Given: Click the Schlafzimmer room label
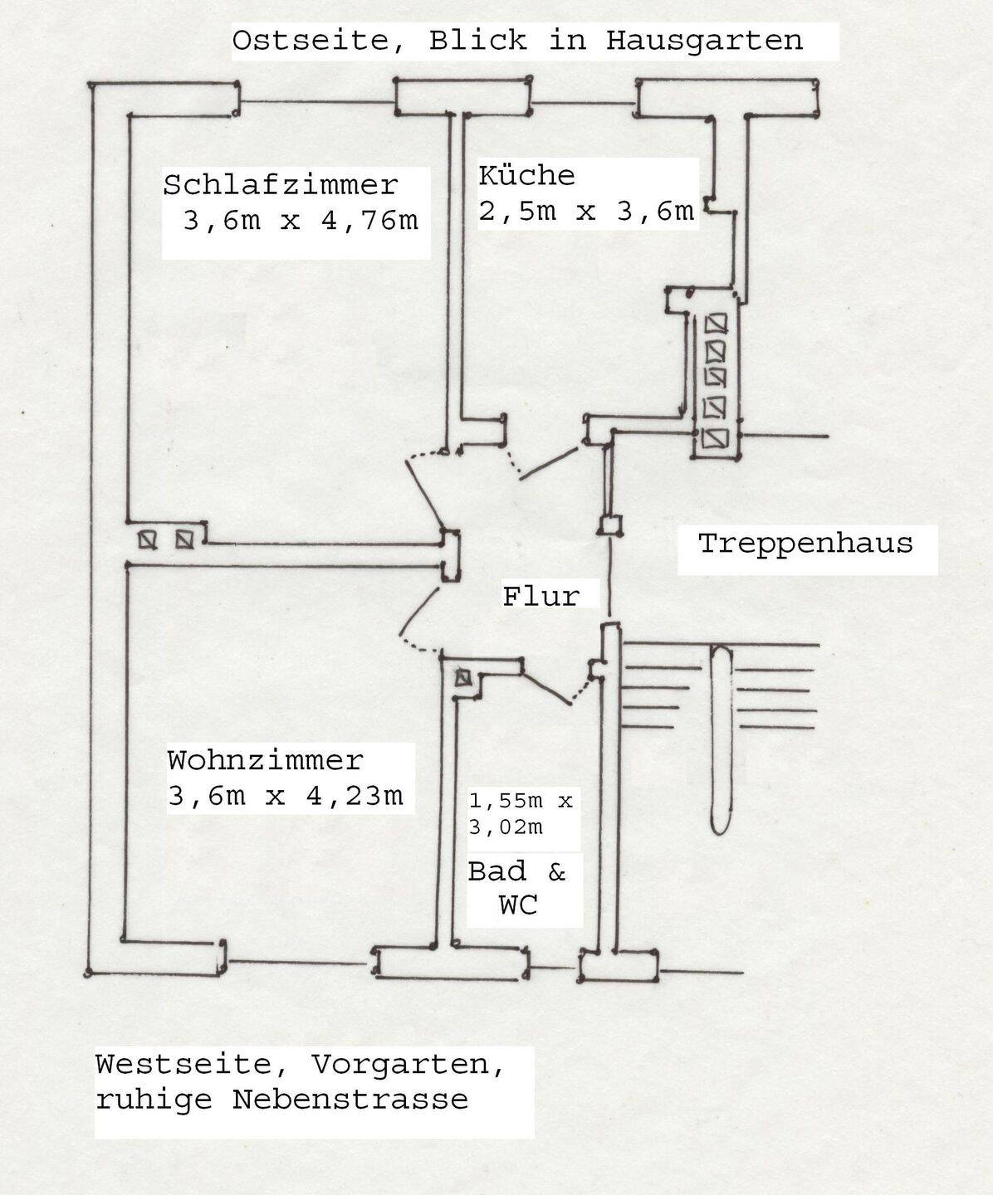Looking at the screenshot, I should (280, 184).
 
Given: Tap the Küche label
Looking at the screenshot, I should (526, 176).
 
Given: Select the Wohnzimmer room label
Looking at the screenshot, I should (265, 760).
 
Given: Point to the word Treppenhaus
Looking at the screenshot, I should (805, 544).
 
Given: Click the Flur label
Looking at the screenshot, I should (541, 596).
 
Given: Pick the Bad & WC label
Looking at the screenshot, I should (516, 887).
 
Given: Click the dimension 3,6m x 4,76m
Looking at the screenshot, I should (300, 222).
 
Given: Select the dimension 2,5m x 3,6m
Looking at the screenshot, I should (585, 211).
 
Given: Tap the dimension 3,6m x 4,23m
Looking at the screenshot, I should (285, 796).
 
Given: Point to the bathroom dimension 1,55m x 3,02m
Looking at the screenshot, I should (521, 814).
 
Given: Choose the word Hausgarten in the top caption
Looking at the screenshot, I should (704, 40).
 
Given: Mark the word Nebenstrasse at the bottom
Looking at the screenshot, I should (350, 1100).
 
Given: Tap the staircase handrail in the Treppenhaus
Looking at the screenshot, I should (721, 738).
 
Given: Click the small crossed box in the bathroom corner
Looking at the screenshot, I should (462, 678).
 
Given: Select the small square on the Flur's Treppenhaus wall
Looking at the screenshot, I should (611, 524).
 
